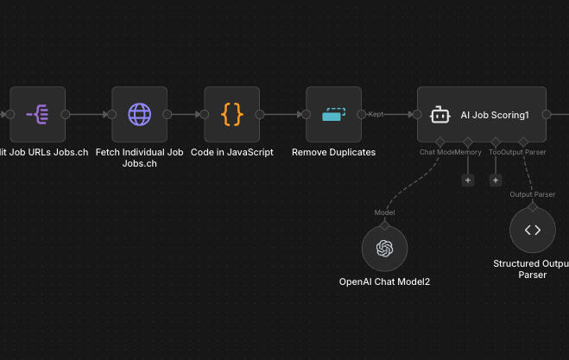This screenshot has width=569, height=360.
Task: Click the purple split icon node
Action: pos(37,114)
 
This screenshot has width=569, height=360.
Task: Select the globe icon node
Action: pos(139,114)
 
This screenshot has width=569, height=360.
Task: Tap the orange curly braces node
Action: pos(231,114)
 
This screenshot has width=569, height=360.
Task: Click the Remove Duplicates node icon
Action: pos(333,114)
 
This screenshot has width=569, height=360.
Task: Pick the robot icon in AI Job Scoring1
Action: pos(439,114)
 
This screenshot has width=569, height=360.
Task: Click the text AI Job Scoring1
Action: pos(494,115)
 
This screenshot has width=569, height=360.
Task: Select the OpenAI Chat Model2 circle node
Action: pos(384,249)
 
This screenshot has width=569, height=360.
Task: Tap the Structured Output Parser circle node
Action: pos(532,231)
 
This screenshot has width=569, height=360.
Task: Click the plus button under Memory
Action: pos(468,180)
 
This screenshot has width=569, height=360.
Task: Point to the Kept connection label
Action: pos(376,114)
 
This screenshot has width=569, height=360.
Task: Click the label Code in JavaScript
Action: pos(231,152)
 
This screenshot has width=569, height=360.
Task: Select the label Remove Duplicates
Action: pos(333,152)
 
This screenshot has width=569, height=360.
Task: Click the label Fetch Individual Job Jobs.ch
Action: pos(139,157)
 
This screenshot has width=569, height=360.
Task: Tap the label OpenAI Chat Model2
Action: pos(384,281)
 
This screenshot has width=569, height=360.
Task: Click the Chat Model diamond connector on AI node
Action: pos(439,142)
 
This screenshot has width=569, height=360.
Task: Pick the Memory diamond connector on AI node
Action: pos(467,142)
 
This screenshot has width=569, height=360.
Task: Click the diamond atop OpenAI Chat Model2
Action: pos(384,223)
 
